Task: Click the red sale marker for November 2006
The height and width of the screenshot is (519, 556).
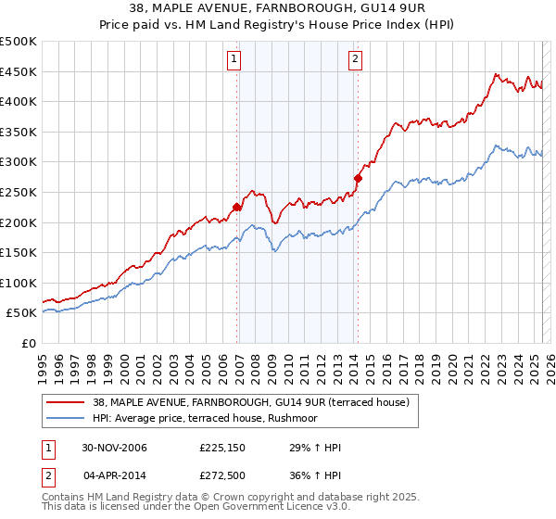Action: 237,208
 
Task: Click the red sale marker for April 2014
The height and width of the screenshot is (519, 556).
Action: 357,178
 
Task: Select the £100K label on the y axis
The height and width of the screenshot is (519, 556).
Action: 19,283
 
